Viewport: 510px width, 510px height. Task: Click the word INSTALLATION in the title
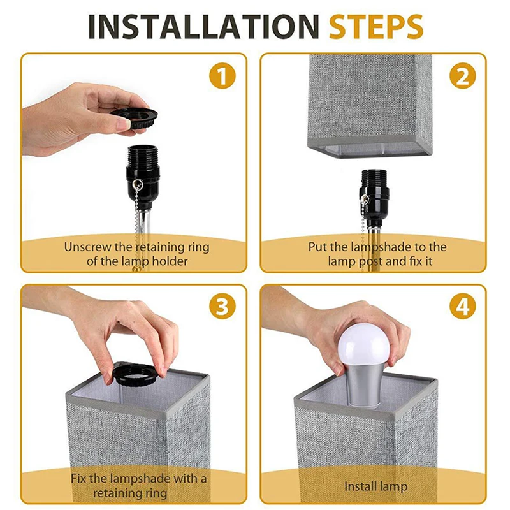[203, 27]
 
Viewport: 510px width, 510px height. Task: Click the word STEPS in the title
[376, 27]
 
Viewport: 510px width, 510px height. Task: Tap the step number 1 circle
[222, 76]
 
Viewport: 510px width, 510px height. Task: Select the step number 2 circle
[463, 76]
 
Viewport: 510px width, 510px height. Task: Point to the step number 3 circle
[222, 307]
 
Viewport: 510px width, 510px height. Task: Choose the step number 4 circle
[463, 307]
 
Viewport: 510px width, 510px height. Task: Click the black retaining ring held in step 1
[134, 118]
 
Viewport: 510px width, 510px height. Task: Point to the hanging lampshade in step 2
[370, 106]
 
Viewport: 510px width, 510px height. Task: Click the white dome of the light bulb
[364, 346]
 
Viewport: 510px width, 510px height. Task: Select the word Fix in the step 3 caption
[78, 479]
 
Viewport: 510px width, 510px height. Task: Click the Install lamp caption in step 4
[375, 486]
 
